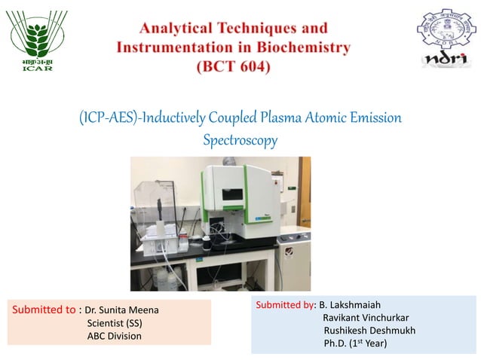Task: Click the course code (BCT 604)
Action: tap(233, 66)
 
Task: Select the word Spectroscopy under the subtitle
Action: tap(240, 140)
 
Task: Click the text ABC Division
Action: tap(115, 336)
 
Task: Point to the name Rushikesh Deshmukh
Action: tap(369, 331)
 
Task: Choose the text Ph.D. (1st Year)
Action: tap(355, 343)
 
